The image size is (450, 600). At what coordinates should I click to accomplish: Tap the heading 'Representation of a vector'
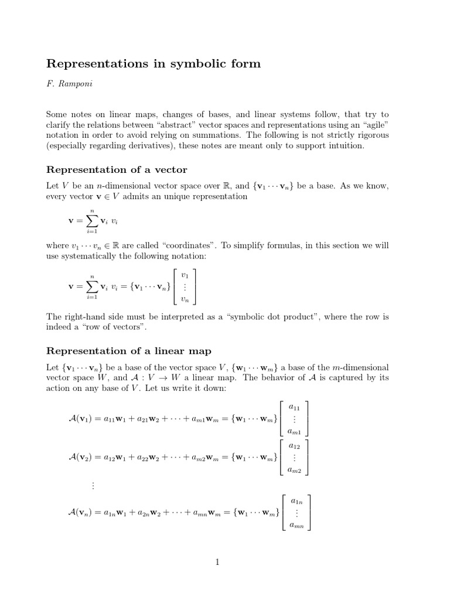(117, 170)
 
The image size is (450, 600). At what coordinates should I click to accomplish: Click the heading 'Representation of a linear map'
(128, 351)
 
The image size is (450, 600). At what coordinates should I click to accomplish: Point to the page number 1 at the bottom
(217, 562)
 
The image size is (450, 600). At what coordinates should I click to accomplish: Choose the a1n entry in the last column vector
(297, 500)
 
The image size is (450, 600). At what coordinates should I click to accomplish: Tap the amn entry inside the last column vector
(297, 526)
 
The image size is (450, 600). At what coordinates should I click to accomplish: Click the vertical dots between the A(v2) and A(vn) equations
(92, 485)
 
